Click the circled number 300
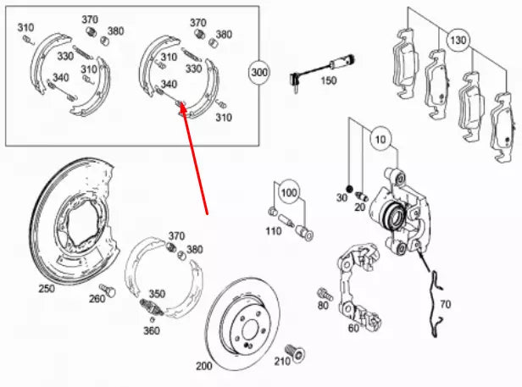tap(259, 74)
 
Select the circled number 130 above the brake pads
tap(458, 40)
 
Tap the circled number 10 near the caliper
tap(378, 138)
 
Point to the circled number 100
tap(290, 194)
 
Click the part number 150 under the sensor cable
tap(328, 80)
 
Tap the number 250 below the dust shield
tap(46, 289)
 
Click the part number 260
tap(97, 297)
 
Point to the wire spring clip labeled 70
tap(437, 301)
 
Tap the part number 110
tap(273, 230)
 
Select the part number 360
tap(151, 330)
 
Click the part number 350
tap(157, 293)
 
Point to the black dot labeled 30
tap(347, 187)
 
